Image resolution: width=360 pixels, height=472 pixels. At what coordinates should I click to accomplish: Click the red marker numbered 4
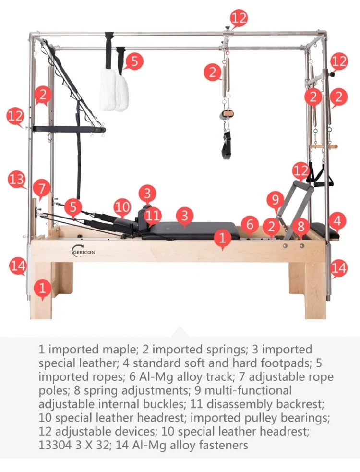(x=338, y=220)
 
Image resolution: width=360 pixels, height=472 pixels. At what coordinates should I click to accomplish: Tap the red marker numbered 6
(x=250, y=224)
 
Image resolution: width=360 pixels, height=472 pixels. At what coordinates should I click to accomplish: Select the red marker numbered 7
(x=42, y=187)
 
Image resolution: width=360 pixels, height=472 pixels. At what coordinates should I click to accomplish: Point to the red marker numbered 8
(x=301, y=226)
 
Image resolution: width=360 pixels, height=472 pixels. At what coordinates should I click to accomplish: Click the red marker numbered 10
(x=122, y=207)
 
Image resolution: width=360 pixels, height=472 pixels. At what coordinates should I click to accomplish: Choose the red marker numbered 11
(x=153, y=214)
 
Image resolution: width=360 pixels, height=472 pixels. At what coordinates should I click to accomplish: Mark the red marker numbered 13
(x=17, y=180)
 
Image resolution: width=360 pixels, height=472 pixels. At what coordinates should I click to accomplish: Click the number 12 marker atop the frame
(x=239, y=18)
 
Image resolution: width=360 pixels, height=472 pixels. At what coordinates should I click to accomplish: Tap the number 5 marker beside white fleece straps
(x=134, y=61)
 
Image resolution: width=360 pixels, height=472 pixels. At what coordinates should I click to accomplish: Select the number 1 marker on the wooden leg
(x=43, y=288)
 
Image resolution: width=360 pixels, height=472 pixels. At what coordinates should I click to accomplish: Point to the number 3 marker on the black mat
(x=185, y=216)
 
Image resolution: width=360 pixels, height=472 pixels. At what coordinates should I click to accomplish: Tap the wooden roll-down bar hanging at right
(x=323, y=146)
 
